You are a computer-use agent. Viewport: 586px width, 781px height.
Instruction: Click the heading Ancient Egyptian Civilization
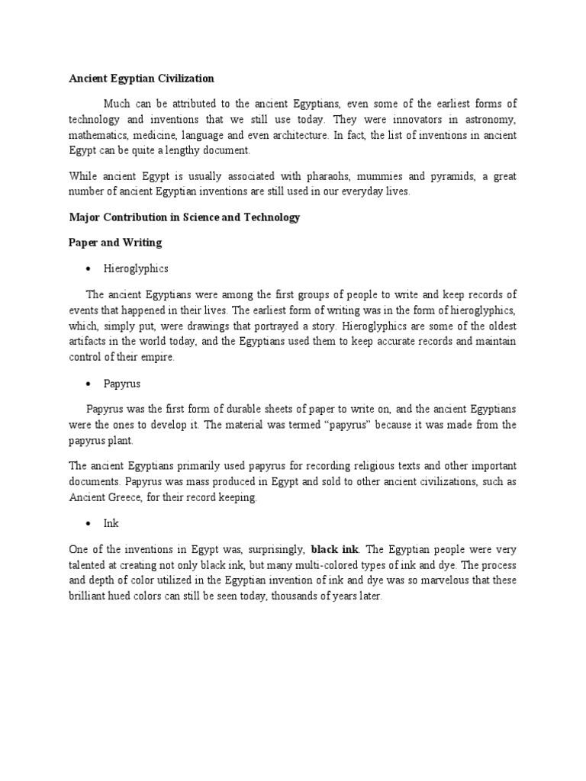coord(141,79)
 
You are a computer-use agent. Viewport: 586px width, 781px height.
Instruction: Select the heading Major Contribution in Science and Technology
coord(184,217)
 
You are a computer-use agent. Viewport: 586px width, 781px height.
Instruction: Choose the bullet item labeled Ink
coord(112,524)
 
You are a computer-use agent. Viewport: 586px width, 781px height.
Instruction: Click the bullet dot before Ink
coord(89,524)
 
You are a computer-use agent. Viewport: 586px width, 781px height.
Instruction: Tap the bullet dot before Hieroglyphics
coord(89,269)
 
